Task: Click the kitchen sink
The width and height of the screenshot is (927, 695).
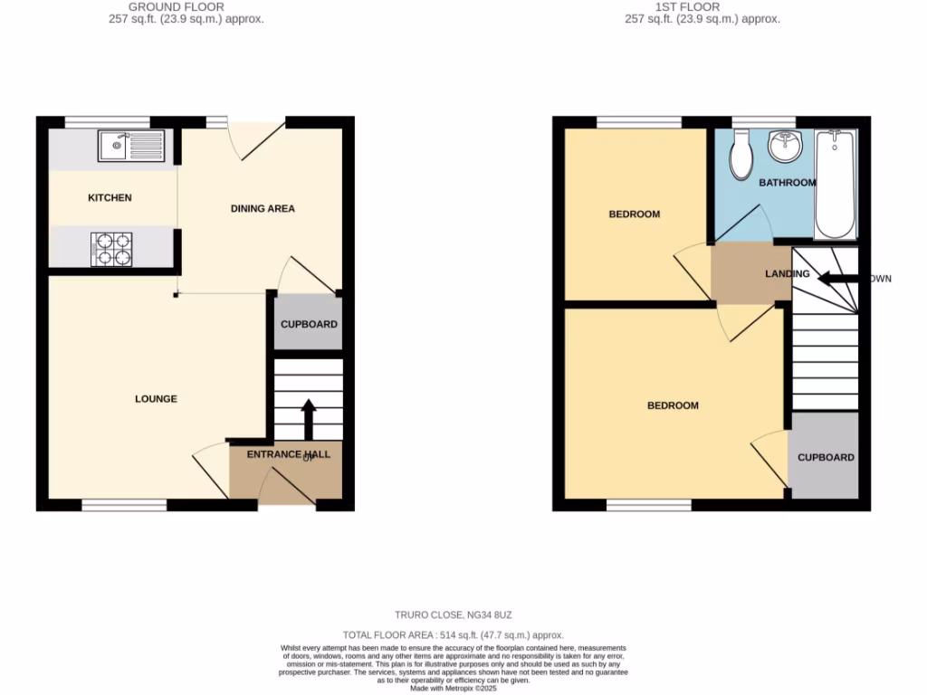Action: [132, 146]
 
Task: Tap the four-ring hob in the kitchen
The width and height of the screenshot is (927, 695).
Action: [112, 249]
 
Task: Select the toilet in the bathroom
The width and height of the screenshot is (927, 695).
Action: [743, 156]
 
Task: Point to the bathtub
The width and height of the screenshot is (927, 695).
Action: [836, 184]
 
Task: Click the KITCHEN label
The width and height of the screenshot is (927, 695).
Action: [110, 197]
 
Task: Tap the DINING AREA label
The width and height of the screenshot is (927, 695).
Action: [263, 209]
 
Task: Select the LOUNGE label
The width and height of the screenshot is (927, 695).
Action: [156, 399]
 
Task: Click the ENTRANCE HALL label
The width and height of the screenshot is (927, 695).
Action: [289, 454]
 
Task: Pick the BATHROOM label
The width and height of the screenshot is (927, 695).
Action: [787, 183]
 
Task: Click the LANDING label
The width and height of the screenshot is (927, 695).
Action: [786, 273]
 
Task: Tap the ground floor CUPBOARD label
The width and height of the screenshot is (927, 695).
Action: [309, 324]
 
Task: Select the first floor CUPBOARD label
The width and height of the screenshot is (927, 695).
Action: [826, 457]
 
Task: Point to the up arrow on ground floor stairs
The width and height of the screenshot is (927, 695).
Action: [308, 418]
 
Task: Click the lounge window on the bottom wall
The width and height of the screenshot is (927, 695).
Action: [124, 505]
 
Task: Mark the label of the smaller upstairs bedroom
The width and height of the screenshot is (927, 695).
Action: [634, 214]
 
